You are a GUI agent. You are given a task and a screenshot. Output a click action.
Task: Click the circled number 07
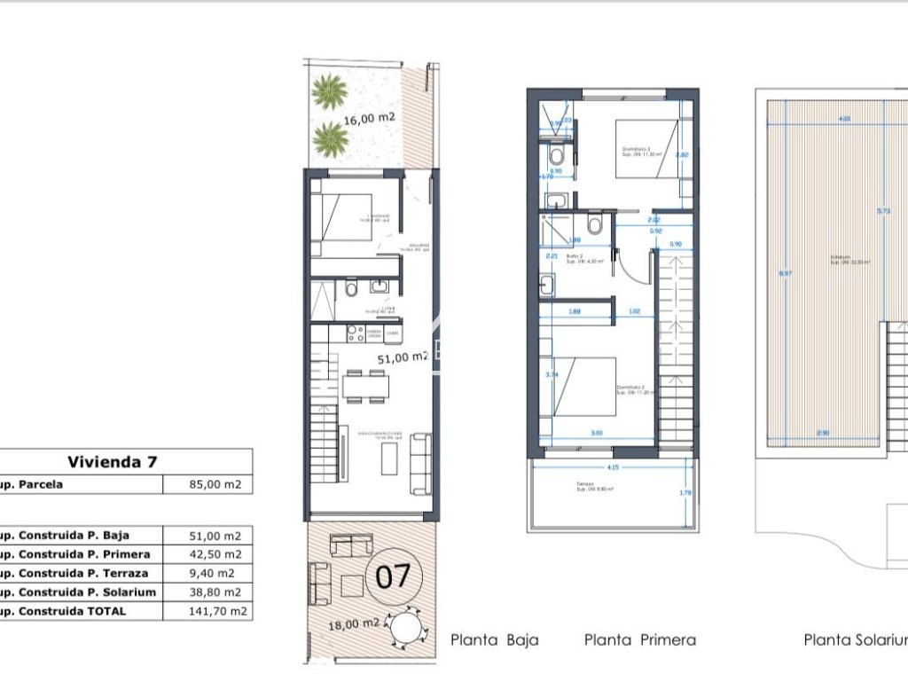(393, 577)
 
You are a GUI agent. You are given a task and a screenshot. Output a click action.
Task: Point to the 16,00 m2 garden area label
(370, 117)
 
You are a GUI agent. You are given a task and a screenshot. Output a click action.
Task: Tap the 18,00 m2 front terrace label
(355, 623)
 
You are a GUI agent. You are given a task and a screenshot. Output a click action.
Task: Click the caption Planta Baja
(494, 639)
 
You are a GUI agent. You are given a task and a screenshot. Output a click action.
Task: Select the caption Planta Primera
(639, 639)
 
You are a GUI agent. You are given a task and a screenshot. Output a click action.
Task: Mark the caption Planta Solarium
(855, 639)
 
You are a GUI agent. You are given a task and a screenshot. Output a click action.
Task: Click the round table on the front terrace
(410, 628)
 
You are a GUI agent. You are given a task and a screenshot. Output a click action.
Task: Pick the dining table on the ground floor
(364, 385)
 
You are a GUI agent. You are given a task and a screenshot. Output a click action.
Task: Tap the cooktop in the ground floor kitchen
(355, 333)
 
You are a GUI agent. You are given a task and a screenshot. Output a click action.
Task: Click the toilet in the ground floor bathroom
(351, 290)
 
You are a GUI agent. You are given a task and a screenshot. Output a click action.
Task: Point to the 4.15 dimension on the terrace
(613, 466)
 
